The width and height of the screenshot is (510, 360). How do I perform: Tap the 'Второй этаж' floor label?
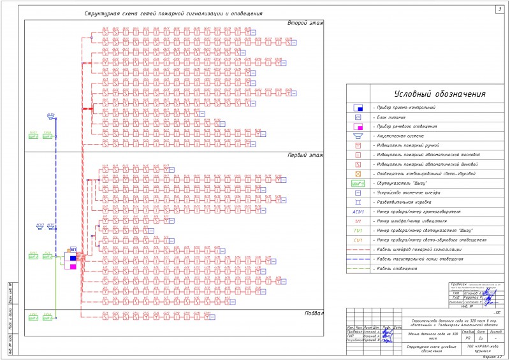pos(305,24)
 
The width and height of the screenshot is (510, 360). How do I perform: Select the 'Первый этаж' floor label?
pos(305,155)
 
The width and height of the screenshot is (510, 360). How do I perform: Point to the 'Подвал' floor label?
pos(312,313)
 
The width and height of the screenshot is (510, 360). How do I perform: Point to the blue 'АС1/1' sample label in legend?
pos(358,211)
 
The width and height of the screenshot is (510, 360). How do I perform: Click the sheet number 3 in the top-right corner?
pos(499,9)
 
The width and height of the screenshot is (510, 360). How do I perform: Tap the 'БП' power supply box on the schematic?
pos(73,249)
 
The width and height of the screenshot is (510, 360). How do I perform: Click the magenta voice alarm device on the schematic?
pos(73,266)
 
